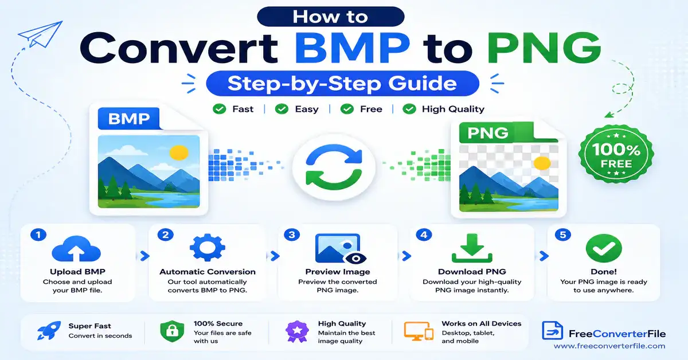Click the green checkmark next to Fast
(x=219, y=109)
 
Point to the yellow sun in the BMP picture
(x=179, y=152)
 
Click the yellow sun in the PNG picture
(x=542, y=163)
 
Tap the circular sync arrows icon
(x=334, y=167)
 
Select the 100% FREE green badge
(x=616, y=154)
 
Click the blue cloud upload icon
(x=76, y=249)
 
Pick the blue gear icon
(x=208, y=248)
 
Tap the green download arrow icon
(x=472, y=248)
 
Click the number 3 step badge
(x=292, y=235)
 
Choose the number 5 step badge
(x=562, y=235)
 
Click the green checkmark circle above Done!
(x=604, y=248)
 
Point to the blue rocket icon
(x=49, y=331)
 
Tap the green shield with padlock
(x=172, y=331)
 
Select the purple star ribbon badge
(x=297, y=331)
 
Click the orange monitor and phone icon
(x=419, y=331)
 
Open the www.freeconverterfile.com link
(x=609, y=346)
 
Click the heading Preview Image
(x=338, y=272)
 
